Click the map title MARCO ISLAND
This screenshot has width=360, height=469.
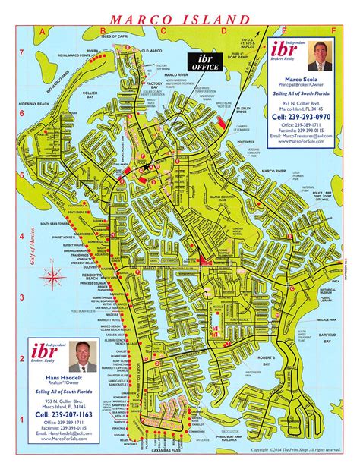(181, 17)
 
